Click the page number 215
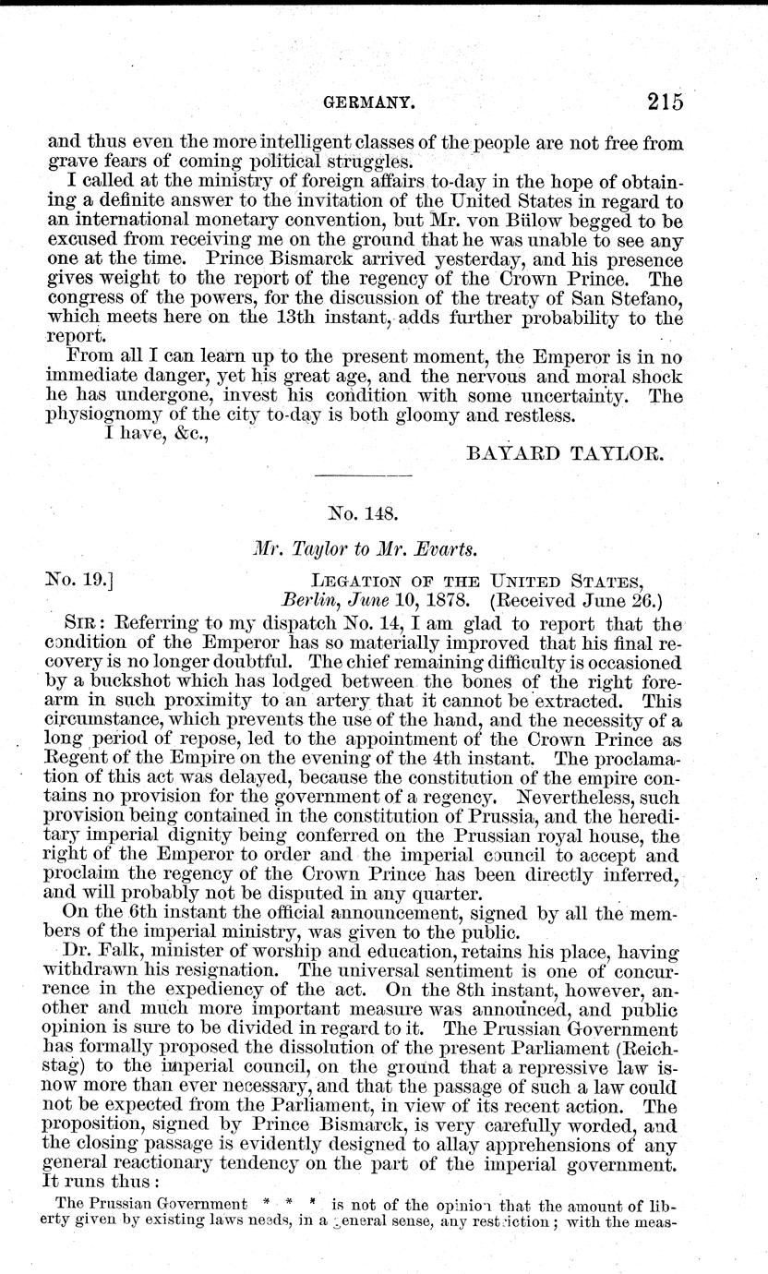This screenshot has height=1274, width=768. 665,101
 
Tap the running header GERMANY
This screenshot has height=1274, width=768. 359,102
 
